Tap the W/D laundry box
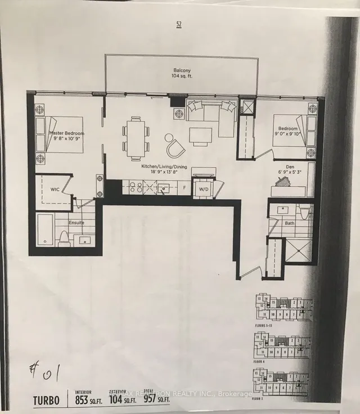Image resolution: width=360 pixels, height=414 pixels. (203, 188)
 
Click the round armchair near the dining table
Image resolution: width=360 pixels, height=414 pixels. (174, 146)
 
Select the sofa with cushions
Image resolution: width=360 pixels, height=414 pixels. (211, 116)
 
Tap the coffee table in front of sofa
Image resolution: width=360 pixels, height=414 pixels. (200, 136)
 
